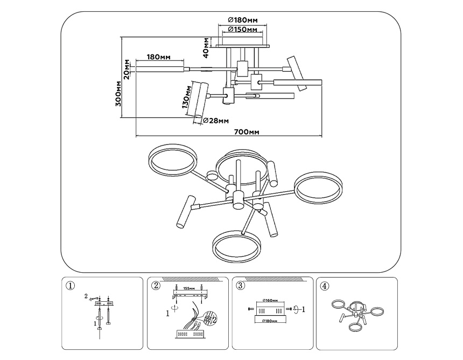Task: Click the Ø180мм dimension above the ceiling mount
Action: [242, 20]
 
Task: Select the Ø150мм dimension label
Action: [242, 29]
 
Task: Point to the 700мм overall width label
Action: [248, 132]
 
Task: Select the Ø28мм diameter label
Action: [216, 121]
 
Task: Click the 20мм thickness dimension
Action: [127, 68]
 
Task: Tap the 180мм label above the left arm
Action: [159, 57]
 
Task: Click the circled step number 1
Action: [68, 286]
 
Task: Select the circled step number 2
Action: [156, 286]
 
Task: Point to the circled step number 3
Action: [241, 286]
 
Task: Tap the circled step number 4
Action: [324, 286]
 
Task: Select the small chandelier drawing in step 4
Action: [357, 314]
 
